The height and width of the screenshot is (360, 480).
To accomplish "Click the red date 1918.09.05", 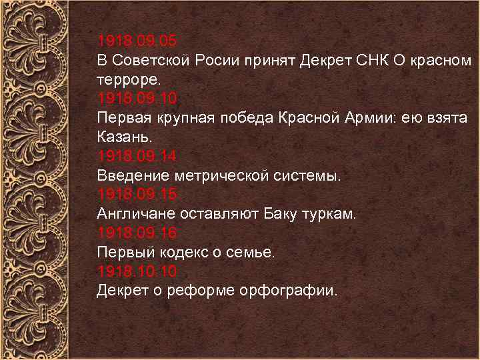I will pyautogui.click(x=137, y=41).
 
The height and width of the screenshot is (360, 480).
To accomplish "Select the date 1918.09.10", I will pyautogui.click(x=137, y=99).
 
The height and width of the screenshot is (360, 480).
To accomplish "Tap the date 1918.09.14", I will pyautogui.click(x=137, y=157).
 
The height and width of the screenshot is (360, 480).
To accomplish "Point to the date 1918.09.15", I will pyautogui.click(x=137, y=195).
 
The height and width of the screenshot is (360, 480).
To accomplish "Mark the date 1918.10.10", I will pyautogui.click(x=137, y=271).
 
